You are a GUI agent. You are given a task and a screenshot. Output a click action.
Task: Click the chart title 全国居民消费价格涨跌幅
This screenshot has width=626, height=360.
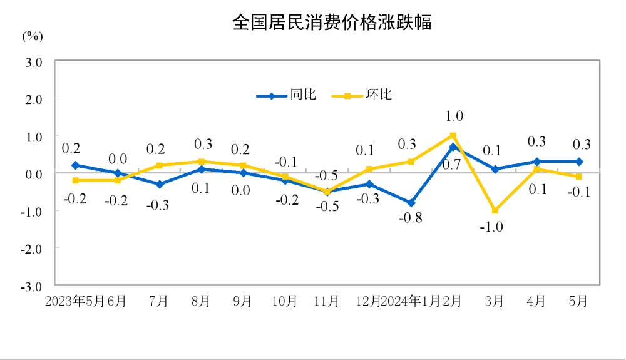332,23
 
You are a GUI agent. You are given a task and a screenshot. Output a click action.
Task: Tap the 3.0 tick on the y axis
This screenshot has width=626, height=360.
33,63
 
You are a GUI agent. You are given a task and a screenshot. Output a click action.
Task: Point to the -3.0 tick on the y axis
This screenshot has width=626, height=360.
32,286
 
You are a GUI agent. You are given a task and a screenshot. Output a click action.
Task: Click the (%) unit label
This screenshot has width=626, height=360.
33,36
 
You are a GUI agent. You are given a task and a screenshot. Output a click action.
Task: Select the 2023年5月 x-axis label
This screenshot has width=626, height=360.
74,301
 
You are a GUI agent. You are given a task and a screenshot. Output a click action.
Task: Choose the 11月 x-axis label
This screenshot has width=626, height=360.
326,301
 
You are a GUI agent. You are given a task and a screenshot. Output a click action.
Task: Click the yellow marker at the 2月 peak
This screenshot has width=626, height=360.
453,135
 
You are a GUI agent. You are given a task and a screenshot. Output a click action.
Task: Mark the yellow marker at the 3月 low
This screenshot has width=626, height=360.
495,210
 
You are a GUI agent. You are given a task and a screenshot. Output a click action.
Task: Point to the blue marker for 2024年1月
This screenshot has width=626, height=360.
411,203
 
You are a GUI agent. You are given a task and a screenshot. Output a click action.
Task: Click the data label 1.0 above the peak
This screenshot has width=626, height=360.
454,116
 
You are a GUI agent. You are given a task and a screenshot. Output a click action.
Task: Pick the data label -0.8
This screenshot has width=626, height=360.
411,219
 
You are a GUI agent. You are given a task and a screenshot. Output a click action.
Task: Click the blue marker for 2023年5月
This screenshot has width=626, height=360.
75,165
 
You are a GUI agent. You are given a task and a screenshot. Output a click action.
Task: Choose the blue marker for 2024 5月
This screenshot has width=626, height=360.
579,162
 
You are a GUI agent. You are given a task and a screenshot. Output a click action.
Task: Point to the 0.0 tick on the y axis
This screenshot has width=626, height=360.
33,174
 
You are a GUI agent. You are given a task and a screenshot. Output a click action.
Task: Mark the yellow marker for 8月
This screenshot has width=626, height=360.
201,162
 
